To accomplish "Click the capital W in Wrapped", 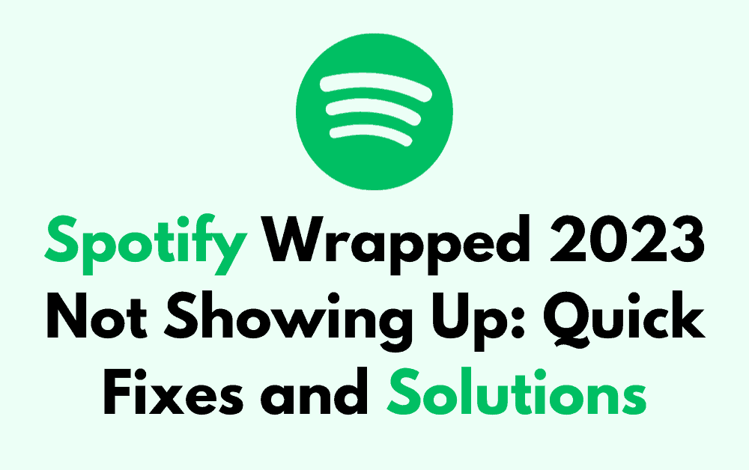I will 288,244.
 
